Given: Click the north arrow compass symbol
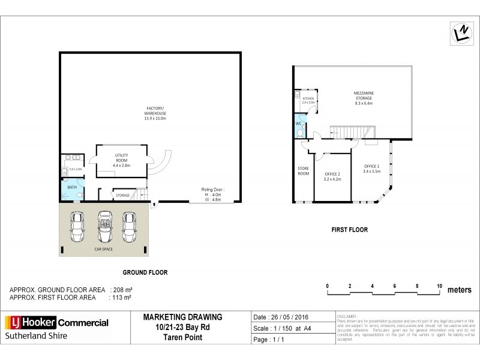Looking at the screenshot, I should click(x=459, y=34).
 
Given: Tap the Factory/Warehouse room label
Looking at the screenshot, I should click(x=155, y=112).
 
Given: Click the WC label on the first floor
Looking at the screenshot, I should click(x=299, y=125).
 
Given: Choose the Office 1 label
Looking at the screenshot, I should click(x=372, y=169).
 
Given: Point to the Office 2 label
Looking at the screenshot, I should click(x=332, y=176).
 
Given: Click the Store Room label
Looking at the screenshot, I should click(x=304, y=171).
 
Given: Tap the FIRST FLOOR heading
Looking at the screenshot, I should click(x=349, y=230).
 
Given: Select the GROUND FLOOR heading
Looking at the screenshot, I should click(x=145, y=272).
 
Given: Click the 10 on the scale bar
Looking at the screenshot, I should click(x=439, y=286).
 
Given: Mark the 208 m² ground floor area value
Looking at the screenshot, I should click(x=122, y=290).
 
